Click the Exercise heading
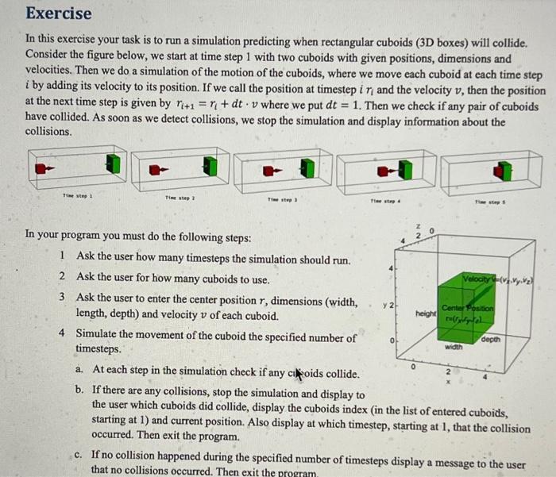[59, 13]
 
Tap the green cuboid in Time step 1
[114, 163]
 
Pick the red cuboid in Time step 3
[270, 169]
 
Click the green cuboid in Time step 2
[210, 165]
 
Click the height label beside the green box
[425, 314]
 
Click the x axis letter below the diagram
[448, 382]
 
